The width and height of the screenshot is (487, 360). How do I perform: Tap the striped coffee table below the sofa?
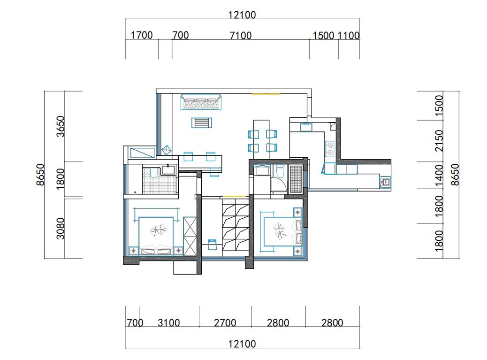pos(202,123)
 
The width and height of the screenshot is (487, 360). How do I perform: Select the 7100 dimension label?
pos(240,35)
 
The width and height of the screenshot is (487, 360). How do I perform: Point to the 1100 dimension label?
pos(349,36)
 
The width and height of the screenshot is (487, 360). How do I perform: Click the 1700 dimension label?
pos(142,35)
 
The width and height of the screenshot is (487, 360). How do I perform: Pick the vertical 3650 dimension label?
pos(61,126)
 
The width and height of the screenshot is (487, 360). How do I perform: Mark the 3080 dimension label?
pos(61,228)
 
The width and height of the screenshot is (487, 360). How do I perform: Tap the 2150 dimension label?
pos(439,140)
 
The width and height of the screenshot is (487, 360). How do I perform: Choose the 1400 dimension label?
pos(439,175)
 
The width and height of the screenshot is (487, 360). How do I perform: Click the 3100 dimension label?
pos(168,323)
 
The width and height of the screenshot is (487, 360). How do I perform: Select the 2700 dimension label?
pos(225,323)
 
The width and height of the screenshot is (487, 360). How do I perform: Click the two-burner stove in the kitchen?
pos(329,148)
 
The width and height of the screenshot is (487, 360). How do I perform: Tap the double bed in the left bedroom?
pos(156,236)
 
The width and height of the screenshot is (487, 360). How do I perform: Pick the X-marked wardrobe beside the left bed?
pos(190,236)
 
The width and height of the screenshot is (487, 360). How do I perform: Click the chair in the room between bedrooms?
pos(212,244)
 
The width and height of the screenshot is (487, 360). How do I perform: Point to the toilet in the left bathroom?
pos(154,172)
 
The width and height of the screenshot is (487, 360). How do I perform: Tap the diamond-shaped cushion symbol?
pos(167,150)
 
